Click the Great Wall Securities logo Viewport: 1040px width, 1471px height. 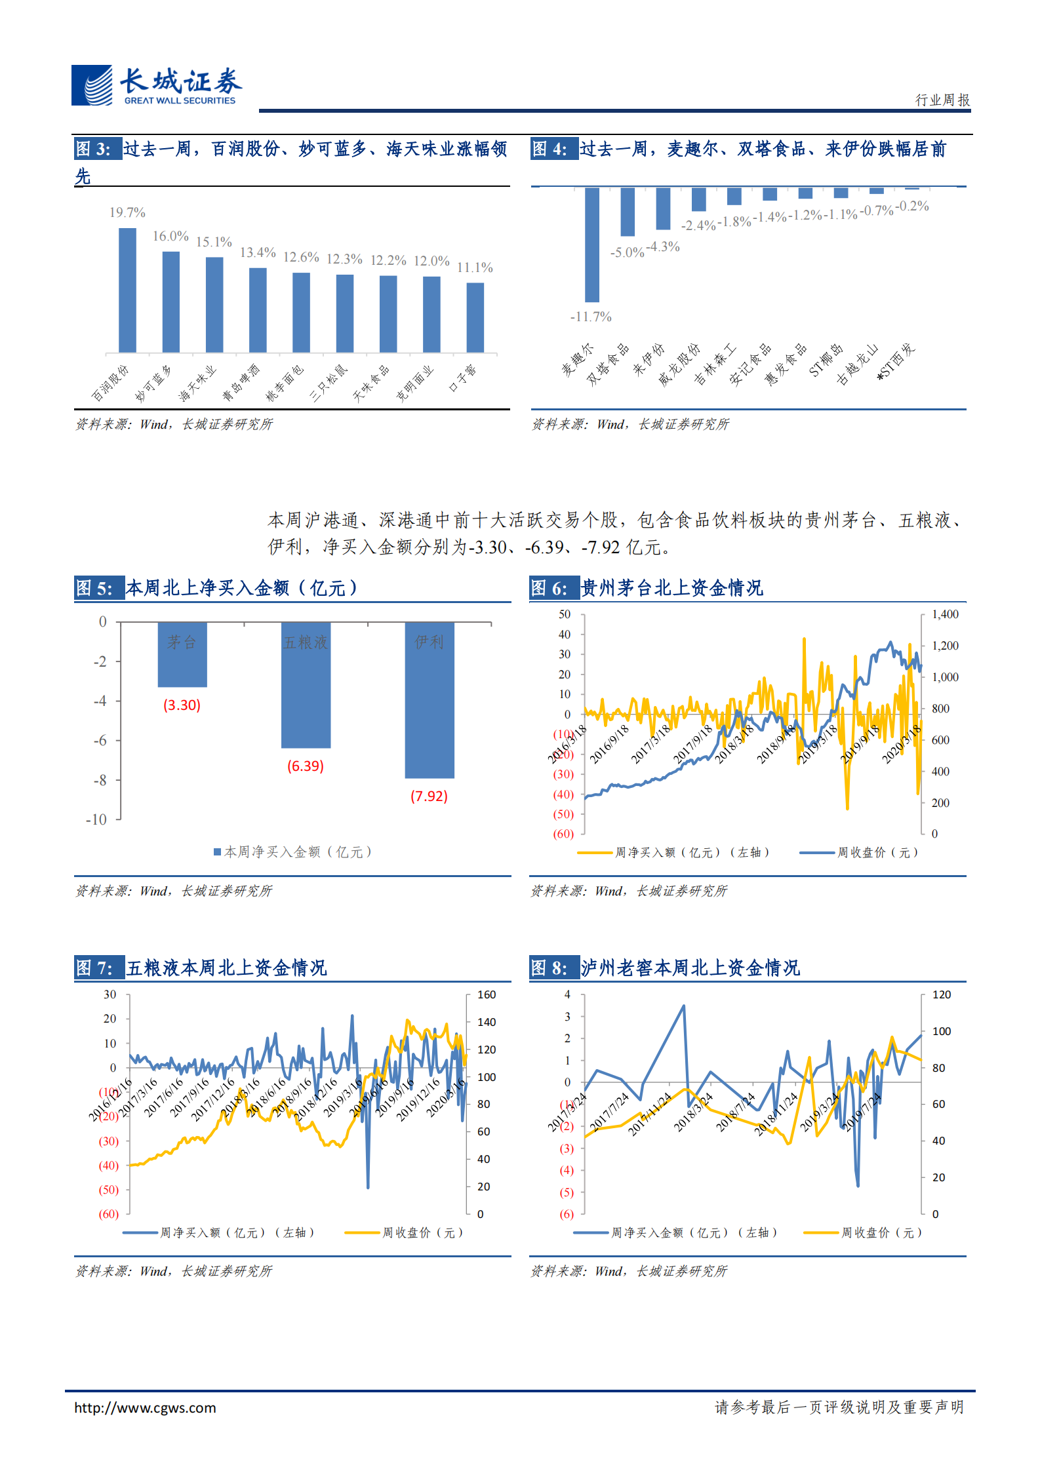(x=156, y=85)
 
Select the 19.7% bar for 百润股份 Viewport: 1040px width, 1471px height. (x=127, y=290)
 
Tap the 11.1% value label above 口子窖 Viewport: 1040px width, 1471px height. (x=475, y=267)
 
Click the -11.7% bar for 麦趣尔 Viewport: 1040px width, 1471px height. (x=591, y=245)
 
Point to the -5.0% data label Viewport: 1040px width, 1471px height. (x=627, y=252)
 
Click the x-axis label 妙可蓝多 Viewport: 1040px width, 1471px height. (x=153, y=383)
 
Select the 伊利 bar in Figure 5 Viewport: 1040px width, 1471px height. (x=430, y=699)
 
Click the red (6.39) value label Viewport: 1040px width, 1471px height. (x=306, y=766)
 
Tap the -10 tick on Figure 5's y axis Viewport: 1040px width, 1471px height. (x=96, y=819)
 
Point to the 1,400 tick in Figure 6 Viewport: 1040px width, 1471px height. (x=945, y=614)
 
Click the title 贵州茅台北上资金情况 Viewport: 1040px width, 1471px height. (x=672, y=588)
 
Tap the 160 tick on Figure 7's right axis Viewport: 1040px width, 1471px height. (x=487, y=994)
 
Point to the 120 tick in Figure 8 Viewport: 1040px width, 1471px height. (x=942, y=994)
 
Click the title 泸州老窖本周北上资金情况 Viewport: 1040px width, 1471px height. (x=690, y=968)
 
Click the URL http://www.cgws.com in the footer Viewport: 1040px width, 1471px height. (x=145, y=1407)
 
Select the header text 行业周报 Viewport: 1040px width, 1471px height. (x=942, y=100)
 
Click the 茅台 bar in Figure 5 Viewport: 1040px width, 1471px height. (x=182, y=654)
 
